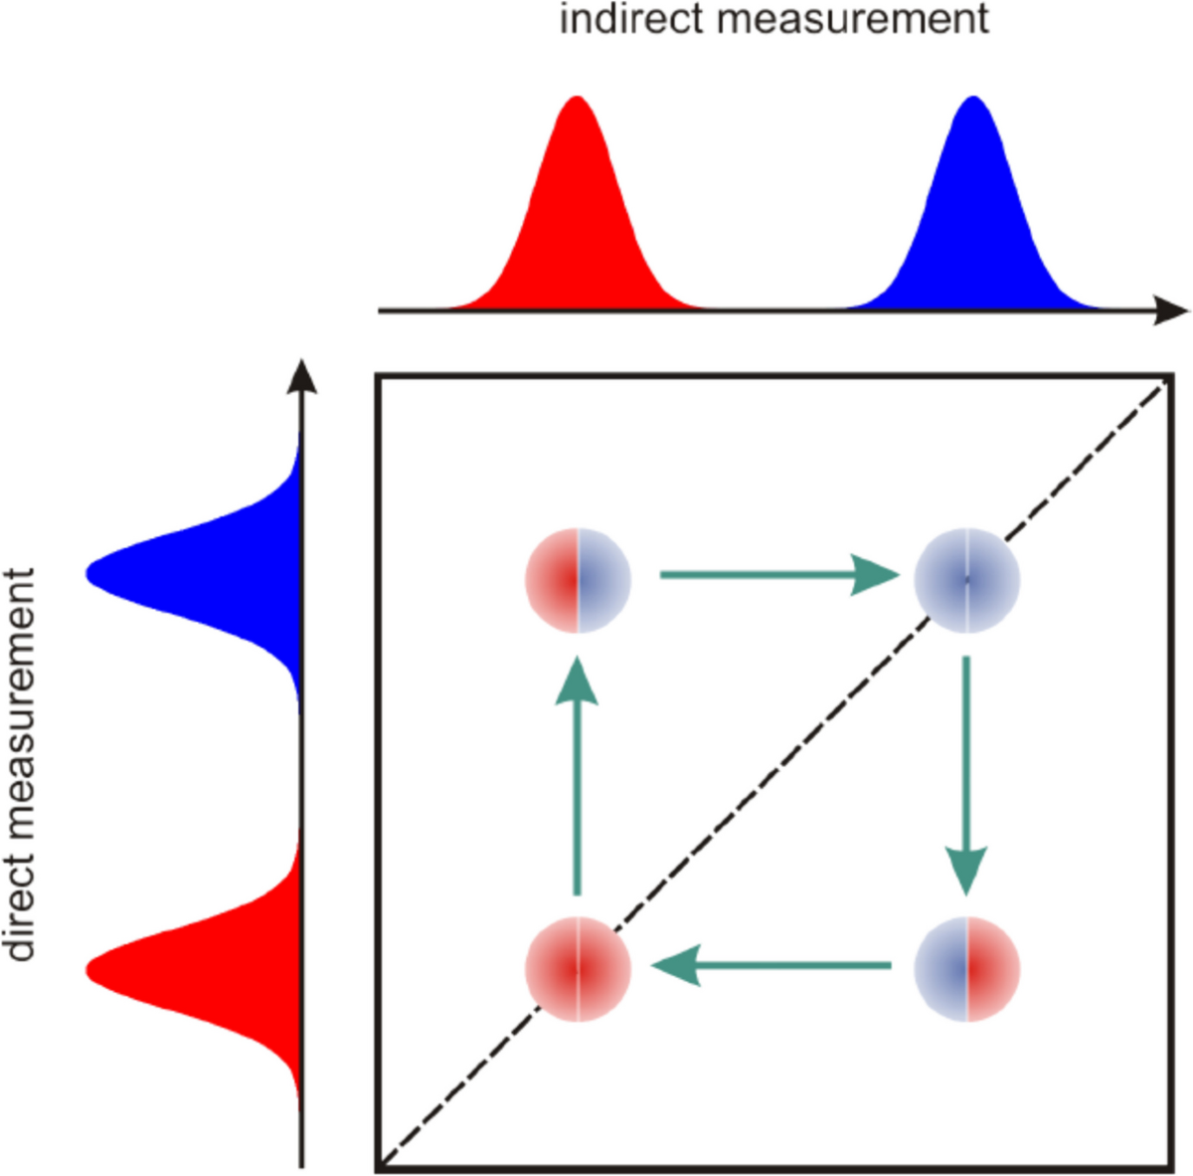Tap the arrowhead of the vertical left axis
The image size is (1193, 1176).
click(301, 378)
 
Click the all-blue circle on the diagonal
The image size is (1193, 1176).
click(967, 579)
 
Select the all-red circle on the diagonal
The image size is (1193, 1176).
click(578, 968)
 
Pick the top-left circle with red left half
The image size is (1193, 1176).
click(578, 579)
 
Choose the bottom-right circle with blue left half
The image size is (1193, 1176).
click(967, 968)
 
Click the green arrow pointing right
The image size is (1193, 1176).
click(775, 575)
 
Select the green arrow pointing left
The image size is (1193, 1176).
click(770, 965)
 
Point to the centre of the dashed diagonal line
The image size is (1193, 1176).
click(773, 774)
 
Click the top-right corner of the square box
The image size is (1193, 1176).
click(1170, 377)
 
